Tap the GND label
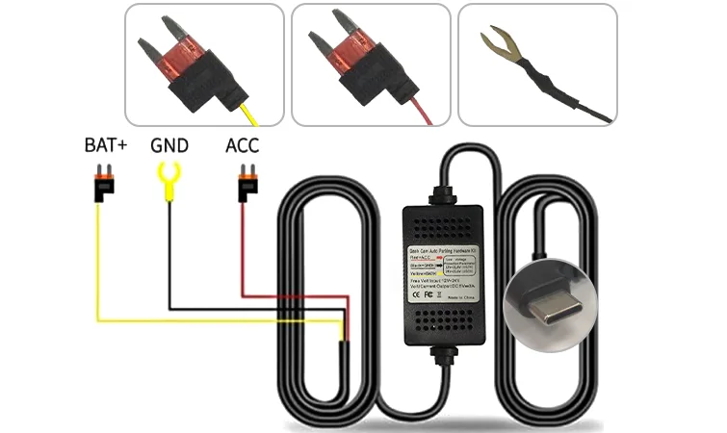(x=169, y=147)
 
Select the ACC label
(x=242, y=147)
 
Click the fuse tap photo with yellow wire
(x=204, y=64)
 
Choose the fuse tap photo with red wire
(x=371, y=64)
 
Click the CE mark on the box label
(x=419, y=295)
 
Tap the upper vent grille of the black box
(x=445, y=225)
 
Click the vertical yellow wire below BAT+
(x=98, y=260)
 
